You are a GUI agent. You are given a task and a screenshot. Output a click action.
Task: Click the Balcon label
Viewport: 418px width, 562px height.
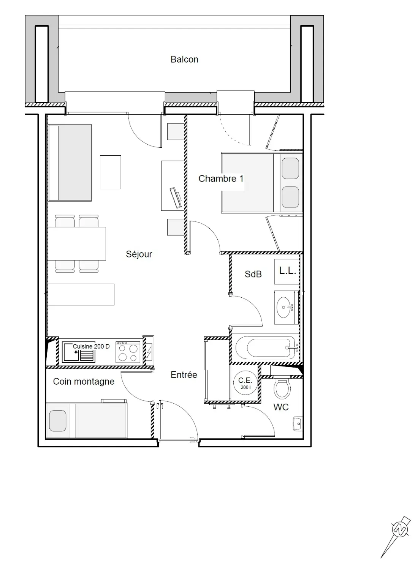coord(184,59)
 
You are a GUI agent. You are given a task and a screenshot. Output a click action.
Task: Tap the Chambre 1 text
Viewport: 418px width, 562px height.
coord(221,178)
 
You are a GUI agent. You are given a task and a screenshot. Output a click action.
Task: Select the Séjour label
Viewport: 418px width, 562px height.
coord(139,254)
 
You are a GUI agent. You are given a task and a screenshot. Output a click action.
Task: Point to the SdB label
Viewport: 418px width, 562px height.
coord(253,274)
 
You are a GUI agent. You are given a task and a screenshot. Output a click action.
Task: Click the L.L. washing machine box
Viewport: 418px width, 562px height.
coord(287,272)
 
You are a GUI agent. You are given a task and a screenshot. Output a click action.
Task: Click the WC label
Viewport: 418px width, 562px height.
coord(281,407)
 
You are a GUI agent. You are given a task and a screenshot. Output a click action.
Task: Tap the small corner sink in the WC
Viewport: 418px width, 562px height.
coord(298,424)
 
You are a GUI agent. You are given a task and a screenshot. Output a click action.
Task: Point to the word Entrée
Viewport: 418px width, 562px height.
coord(184,375)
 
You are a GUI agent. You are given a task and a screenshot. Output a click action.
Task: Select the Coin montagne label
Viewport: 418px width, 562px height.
coord(84,381)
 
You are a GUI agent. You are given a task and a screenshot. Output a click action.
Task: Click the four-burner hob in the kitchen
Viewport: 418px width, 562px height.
coord(128,352)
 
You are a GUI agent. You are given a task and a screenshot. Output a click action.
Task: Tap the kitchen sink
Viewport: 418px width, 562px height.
coord(79,352)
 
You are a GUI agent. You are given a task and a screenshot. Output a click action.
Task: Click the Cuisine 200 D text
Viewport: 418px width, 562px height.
coord(91,346)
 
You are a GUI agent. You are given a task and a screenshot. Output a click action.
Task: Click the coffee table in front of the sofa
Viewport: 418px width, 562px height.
coord(110,172)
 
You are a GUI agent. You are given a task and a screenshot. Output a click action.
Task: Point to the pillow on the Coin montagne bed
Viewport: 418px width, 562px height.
coord(58,421)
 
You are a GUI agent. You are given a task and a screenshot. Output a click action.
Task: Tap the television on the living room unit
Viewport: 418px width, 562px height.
coord(176,197)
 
